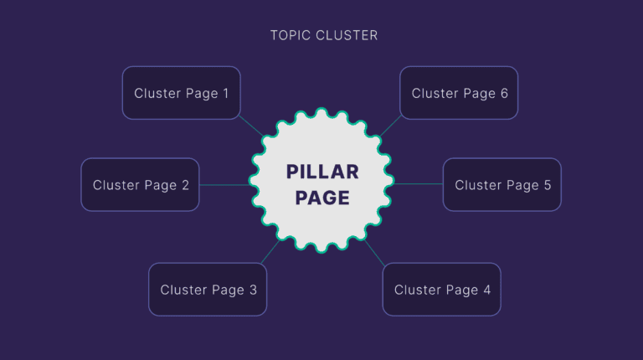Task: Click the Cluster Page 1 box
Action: tap(181, 93)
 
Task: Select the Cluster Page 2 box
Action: tap(140, 185)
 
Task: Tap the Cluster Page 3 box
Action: tap(208, 290)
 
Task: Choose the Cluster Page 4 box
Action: tap(441, 290)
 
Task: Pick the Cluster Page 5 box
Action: tap(502, 185)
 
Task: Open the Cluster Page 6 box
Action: tap(459, 93)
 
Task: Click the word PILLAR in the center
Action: tap(322, 172)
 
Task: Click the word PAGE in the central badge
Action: tap(322, 198)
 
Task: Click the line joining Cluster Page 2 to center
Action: tap(224, 185)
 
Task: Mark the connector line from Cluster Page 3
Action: tap(270, 252)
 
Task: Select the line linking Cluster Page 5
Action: tap(419, 184)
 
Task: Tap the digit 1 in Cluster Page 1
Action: tap(225, 93)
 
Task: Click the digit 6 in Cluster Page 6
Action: tap(504, 93)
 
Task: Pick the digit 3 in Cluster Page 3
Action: tap(253, 290)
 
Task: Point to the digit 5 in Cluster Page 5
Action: tap(547, 185)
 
